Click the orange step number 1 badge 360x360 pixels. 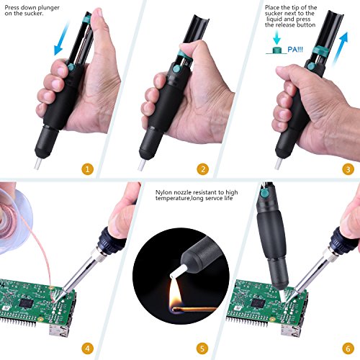click(87, 169)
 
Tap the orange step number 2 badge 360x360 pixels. click(203, 169)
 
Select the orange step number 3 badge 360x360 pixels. click(348, 169)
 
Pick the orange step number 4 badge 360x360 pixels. click(87, 348)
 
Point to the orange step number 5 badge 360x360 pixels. click(202, 348)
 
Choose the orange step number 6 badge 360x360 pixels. click(348, 348)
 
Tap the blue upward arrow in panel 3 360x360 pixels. click(340, 49)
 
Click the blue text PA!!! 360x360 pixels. click(295, 50)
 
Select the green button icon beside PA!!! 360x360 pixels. click(277, 50)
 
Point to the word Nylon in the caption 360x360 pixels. click(163, 192)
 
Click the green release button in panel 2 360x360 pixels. click(176, 70)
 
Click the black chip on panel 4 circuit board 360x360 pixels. click(26, 303)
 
